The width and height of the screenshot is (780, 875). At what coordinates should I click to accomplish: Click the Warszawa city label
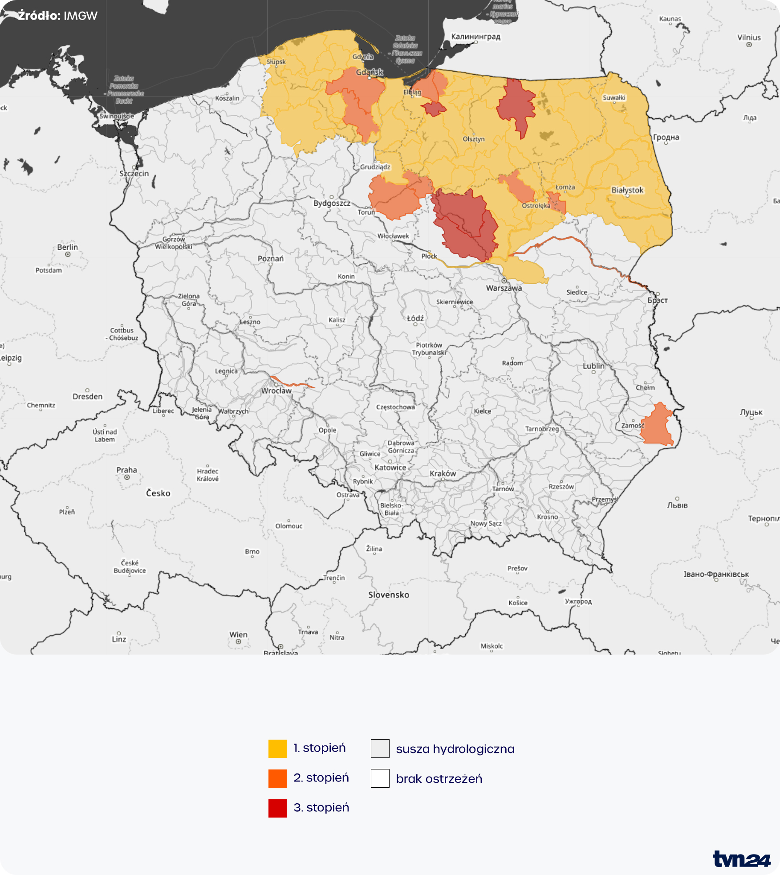(x=504, y=288)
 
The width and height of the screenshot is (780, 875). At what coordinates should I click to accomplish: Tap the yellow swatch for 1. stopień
(x=277, y=749)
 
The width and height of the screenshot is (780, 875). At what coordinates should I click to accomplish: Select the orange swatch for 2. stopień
(x=277, y=778)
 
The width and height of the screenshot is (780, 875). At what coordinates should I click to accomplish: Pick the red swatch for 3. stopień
(x=277, y=808)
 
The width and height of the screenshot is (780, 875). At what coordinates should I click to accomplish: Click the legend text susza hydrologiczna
(x=455, y=749)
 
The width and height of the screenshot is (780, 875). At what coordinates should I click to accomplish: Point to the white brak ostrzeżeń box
(x=380, y=778)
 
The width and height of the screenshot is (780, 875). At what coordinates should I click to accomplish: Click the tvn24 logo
(x=741, y=859)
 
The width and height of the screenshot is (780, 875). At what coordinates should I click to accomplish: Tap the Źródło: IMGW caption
(x=57, y=16)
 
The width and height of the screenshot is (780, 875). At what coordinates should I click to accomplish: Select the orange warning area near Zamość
(x=658, y=425)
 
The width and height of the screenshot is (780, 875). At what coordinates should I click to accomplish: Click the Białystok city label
(x=627, y=190)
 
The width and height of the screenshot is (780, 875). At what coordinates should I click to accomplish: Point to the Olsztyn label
(x=473, y=139)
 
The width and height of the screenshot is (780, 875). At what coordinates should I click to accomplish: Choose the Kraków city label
(x=443, y=473)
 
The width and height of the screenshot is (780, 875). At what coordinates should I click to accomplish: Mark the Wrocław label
(x=276, y=391)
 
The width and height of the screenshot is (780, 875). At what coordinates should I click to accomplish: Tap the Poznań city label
(x=270, y=259)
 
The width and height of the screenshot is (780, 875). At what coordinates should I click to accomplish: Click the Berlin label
(x=67, y=247)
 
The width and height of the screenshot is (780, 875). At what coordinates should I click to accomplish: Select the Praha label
(x=126, y=470)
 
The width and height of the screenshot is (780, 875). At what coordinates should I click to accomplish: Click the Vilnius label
(x=749, y=37)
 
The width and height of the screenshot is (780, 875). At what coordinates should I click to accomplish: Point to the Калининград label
(x=475, y=37)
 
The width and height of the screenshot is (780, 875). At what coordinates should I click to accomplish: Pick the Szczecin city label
(x=134, y=174)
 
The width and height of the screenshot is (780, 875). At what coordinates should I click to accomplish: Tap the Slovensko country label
(x=388, y=595)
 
